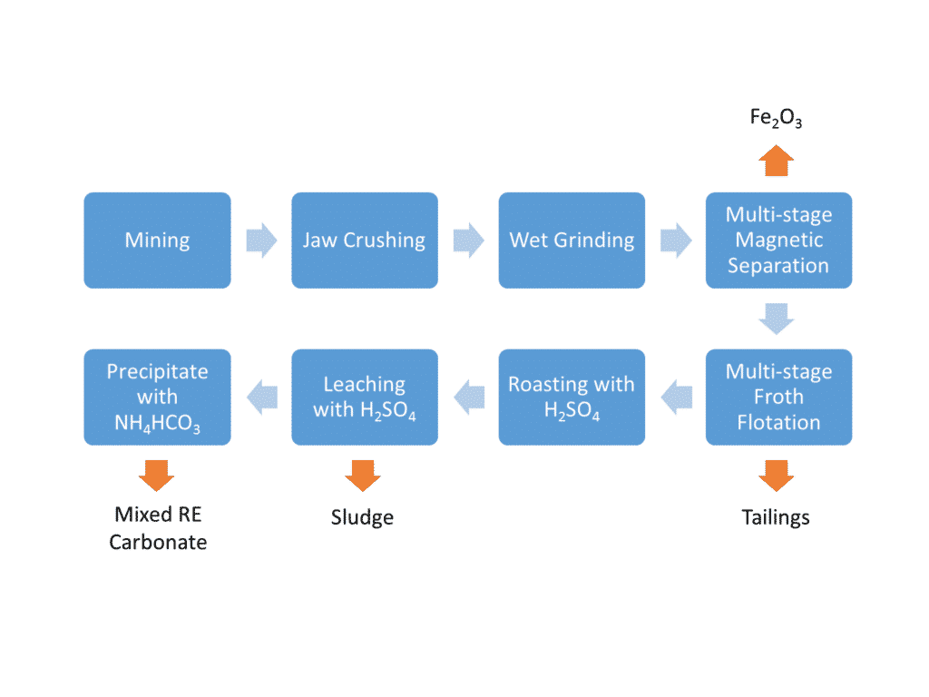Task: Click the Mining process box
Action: point(157,241)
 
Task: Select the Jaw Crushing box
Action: point(364,241)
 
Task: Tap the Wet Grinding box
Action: point(572,241)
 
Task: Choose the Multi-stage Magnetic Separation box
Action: point(778,241)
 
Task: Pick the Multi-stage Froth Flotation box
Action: point(778,397)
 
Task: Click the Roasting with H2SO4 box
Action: point(572,397)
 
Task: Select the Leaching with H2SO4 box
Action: point(364,397)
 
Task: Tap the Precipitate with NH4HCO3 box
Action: point(157,397)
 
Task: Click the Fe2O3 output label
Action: point(776,118)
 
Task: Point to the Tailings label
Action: point(776,517)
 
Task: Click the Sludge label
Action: point(362,517)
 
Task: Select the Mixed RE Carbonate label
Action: point(158,528)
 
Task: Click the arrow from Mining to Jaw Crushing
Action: point(261,241)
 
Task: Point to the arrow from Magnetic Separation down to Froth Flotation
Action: point(777,319)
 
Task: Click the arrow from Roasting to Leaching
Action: point(468,397)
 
